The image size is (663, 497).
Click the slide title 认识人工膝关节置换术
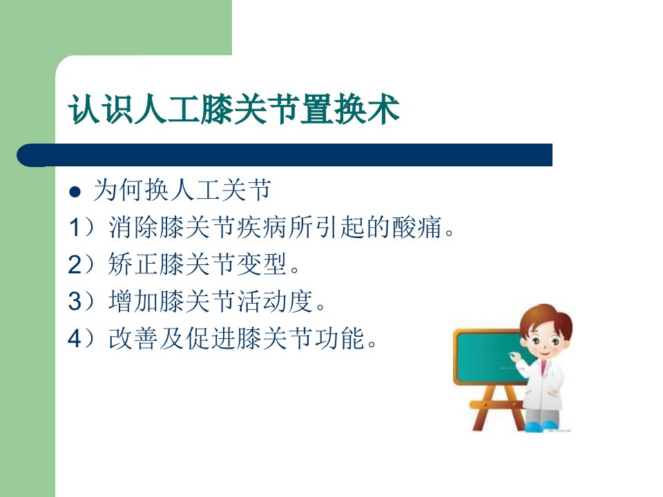[x=234, y=109]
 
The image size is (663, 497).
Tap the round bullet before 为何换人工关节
[x=75, y=192]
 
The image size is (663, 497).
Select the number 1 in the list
[x=74, y=227]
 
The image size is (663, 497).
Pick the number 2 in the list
[x=75, y=264]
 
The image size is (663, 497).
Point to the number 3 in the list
[x=75, y=302]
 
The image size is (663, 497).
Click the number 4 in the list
[x=75, y=338]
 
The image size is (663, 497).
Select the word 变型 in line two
[x=262, y=264]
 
